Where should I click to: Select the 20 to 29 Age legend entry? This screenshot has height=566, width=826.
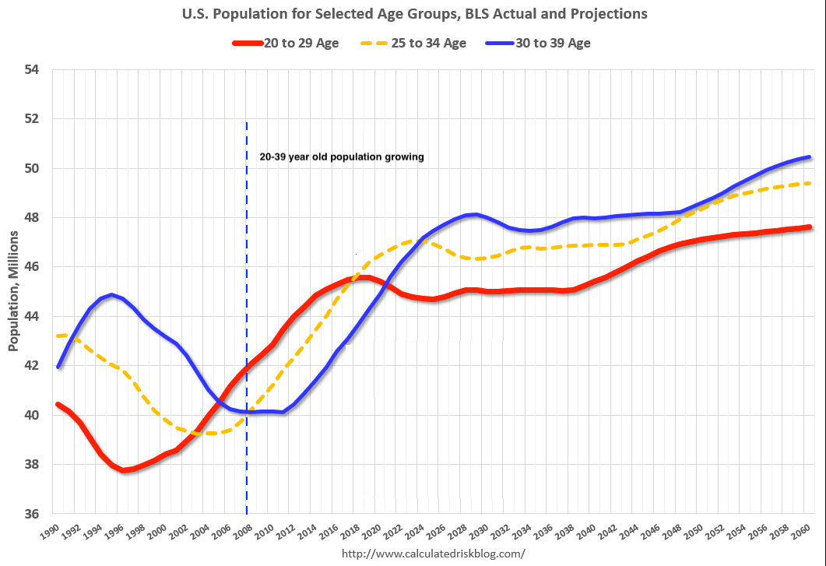point(286,43)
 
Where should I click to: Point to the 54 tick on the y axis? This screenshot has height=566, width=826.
point(32,70)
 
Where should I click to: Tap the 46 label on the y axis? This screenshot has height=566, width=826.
point(32,267)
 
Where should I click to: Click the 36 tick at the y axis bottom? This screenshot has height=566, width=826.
point(32,515)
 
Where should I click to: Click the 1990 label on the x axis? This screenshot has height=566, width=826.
point(51,533)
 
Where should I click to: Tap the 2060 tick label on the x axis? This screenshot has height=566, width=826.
point(803,533)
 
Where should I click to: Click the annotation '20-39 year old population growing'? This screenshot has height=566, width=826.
point(341,156)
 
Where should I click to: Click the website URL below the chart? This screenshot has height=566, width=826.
point(434,554)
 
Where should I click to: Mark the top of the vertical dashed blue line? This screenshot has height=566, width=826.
point(247,123)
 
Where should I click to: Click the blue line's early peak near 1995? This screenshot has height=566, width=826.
point(113,295)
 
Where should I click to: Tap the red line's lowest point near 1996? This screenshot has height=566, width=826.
point(124,470)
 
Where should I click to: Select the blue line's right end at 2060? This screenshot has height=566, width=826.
point(809,157)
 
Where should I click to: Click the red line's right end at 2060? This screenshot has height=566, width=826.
point(809,227)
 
